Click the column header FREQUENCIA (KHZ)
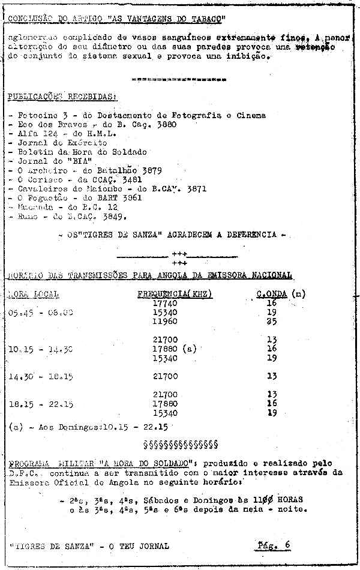[x=175, y=294]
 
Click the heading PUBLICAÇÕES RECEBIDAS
[x=62, y=97]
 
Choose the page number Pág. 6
[x=273, y=545]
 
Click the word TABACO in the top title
[x=206, y=19]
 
